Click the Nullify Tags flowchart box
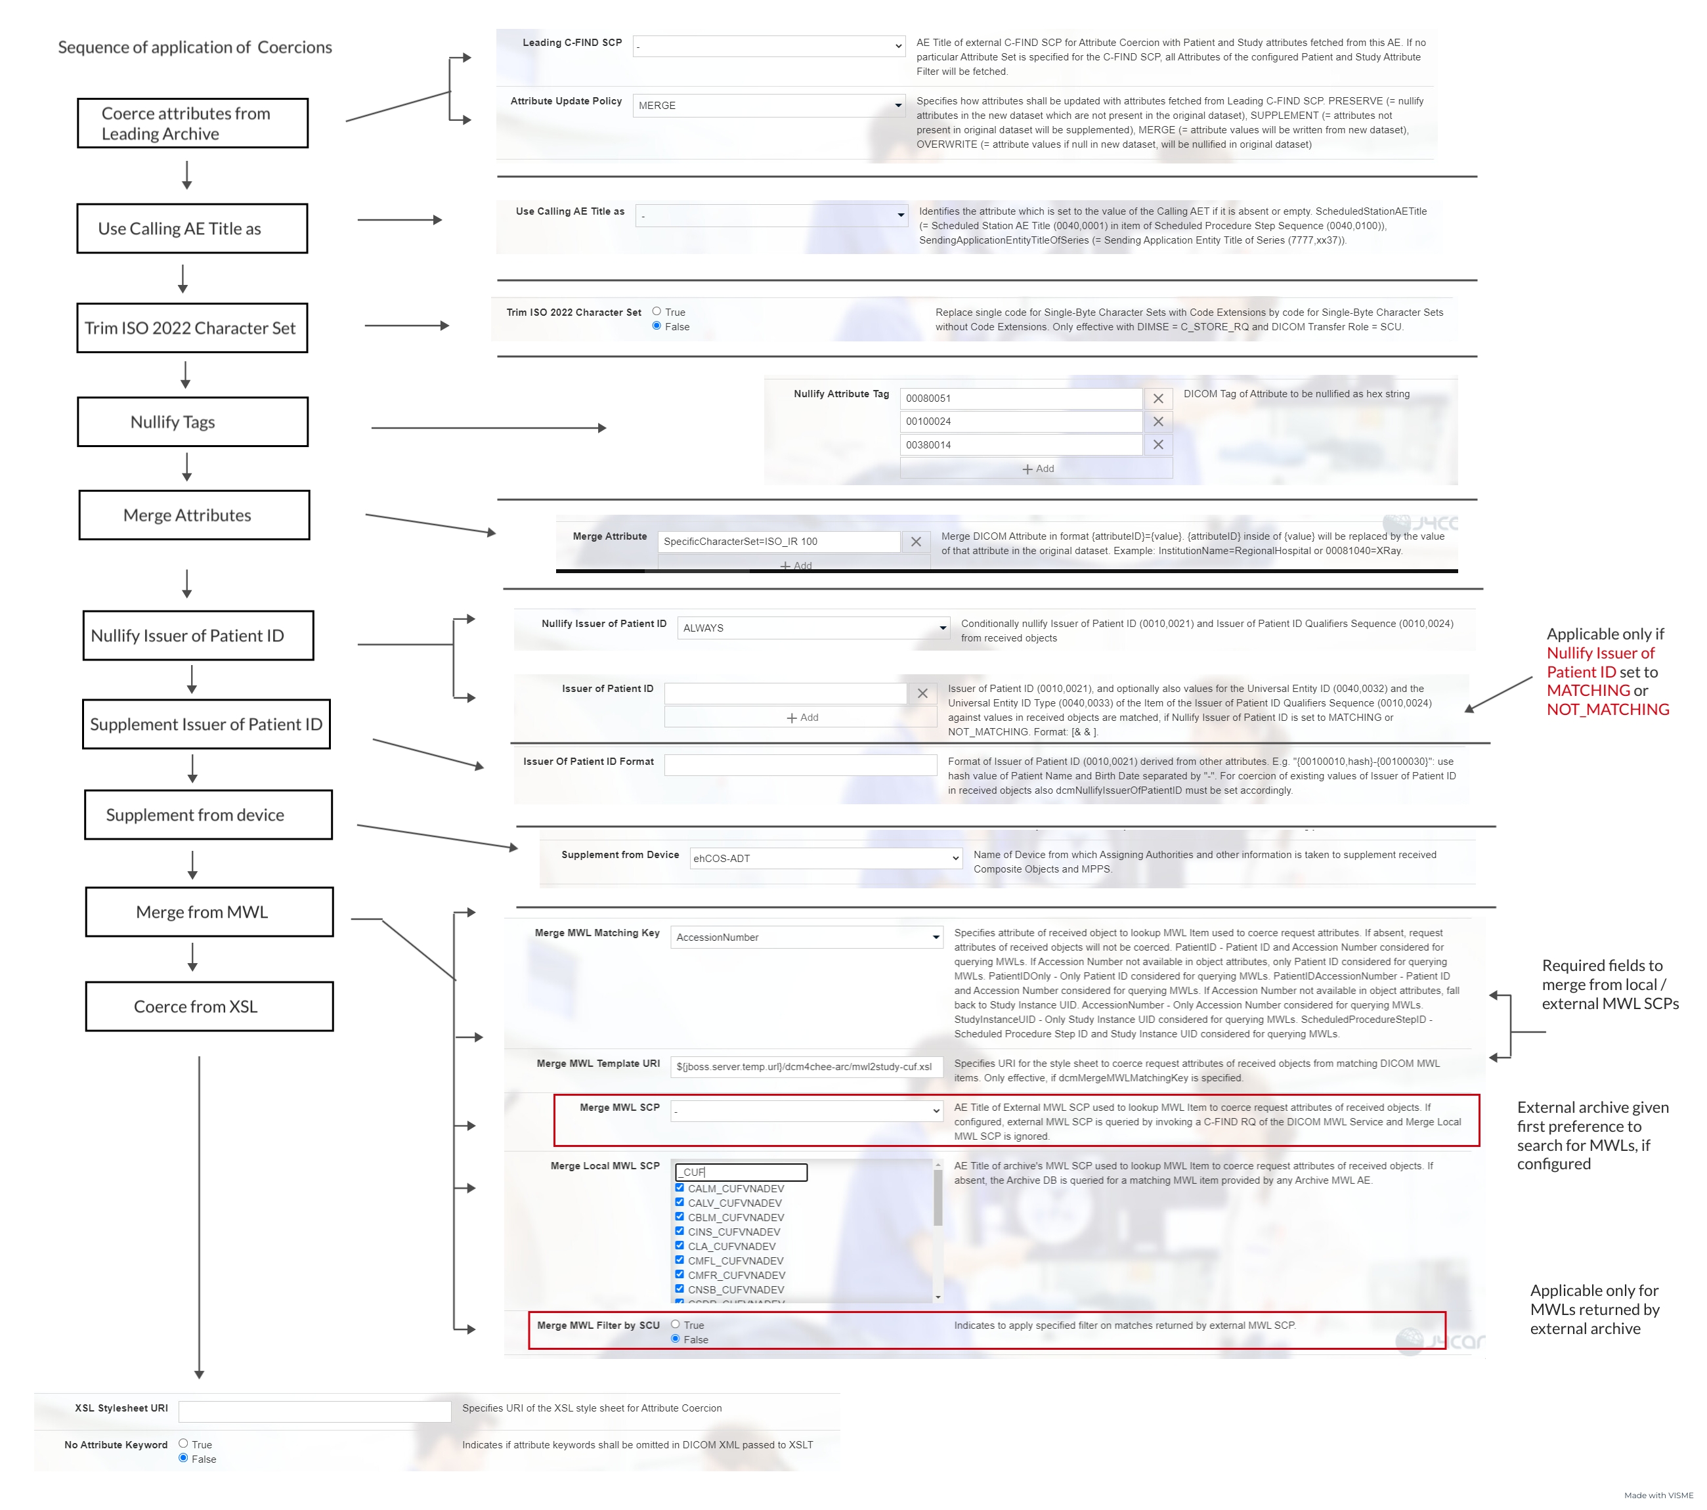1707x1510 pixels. pyautogui.click(x=192, y=421)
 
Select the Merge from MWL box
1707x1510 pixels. pyautogui.click(x=209, y=912)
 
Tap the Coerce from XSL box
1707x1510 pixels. pyautogui.click(x=209, y=1006)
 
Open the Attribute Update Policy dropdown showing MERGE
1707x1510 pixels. pyautogui.click(x=768, y=105)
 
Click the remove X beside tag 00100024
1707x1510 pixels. pyautogui.click(x=1157, y=421)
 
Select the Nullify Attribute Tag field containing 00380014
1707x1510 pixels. pyautogui.click(x=1020, y=445)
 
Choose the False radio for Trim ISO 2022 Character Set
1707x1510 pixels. pyautogui.click(x=657, y=326)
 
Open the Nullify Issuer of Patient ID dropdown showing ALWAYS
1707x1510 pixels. pyautogui.click(x=813, y=628)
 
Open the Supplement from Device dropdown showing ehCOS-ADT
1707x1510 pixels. pyautogui.click(x=825, y=859)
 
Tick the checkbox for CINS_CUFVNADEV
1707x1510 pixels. pyautogui.click(x=679, y=1231)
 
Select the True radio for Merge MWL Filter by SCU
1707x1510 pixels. pyautogui.click(x=676, y=1325)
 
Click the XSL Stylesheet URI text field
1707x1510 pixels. pyautogui.click(x=315, y=1412)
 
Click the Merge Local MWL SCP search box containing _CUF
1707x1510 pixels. pyautogui.click(x=741, y=1173)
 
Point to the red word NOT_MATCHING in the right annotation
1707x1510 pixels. pyautogui.click(x=1608, y=710)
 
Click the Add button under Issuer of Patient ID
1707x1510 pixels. pyautogui.click(x=802, y=718)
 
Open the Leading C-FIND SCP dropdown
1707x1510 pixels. pyautogui.click(x=768, y=46)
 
